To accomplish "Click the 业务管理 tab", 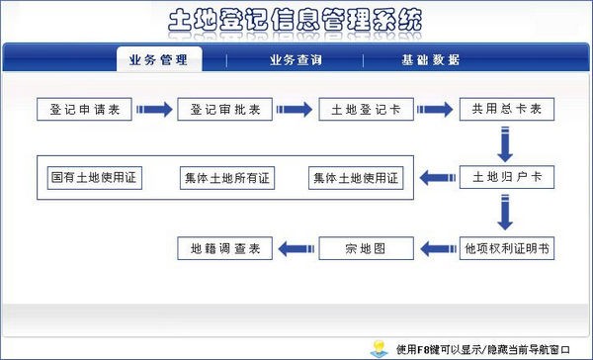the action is (159, 59).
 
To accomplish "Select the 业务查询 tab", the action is (296, 59).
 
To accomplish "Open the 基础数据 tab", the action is (430, 59).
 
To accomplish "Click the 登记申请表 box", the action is (84, 110).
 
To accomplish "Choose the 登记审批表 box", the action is (225, 110).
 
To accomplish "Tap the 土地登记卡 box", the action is (366, 110).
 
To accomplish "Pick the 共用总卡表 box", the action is (507, 110).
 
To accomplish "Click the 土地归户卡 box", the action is (507, 177).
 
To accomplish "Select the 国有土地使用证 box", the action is (95, 178).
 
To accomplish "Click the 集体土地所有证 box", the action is (227, 178).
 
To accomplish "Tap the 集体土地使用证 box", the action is (356, 178).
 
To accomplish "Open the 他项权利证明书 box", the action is (507, 248).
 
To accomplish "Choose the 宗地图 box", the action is (366, 248).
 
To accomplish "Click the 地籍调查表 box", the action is (225, 248).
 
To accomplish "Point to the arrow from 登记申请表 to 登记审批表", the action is (154, 110).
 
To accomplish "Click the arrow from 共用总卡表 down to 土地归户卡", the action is (505, 144).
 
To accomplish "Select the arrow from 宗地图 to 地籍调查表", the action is (296, 249).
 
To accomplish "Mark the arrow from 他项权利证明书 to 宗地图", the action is (438, 249).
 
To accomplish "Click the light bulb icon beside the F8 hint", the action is (380, 349).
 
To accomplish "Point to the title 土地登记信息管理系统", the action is (295, 20).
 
